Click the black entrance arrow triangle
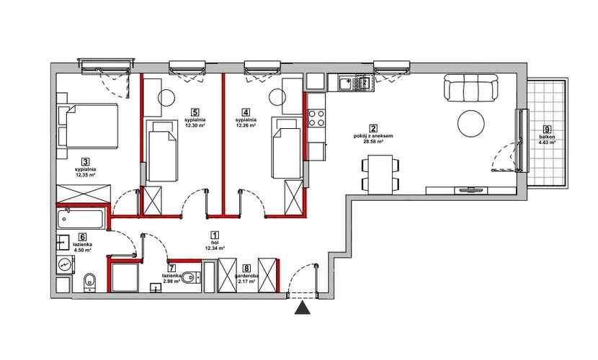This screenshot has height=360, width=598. pyautogui.click(x=303, y=308)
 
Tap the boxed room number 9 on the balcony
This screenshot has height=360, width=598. pyautogui.click(x=547, y=129)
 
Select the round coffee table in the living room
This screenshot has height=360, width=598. pyautogui.click(x=471, y=123)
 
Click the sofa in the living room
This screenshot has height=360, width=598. pyautogui.click(x=471, y=88)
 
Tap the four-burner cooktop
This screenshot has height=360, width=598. pyautogui.click(x=316, y=118)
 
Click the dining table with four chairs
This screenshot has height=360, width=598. pyautogui.click(x=380, y=174)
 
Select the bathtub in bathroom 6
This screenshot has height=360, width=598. pyautogui.click(x=81, y=219)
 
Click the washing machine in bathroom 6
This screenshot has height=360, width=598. pyautogui.click(x=66, y=264)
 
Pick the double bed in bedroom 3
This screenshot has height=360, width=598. pyautogui.click(x=87, y=125)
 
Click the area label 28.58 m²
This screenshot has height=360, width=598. pyautogui.click(x=373, y=141)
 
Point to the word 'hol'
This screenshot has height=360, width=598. pyautogui.click(x=214, y=243)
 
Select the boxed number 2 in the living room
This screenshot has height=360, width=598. pyautogui.click(x=373, y=129)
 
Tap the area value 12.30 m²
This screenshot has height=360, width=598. pyautogui.click(x=194, y=125)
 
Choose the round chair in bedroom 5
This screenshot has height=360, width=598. pyautogui.click(x=166, y=98)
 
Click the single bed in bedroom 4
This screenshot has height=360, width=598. pyautogui.click(x=285, y=148)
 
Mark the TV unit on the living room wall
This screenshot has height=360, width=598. pyautogui.click(x=471, y=191)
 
